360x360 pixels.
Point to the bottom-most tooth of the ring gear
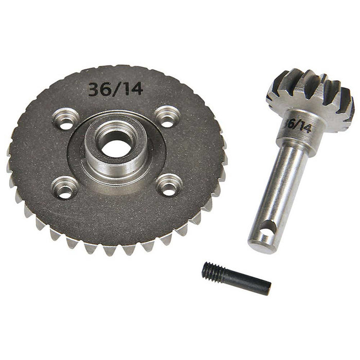click(110, 250)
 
